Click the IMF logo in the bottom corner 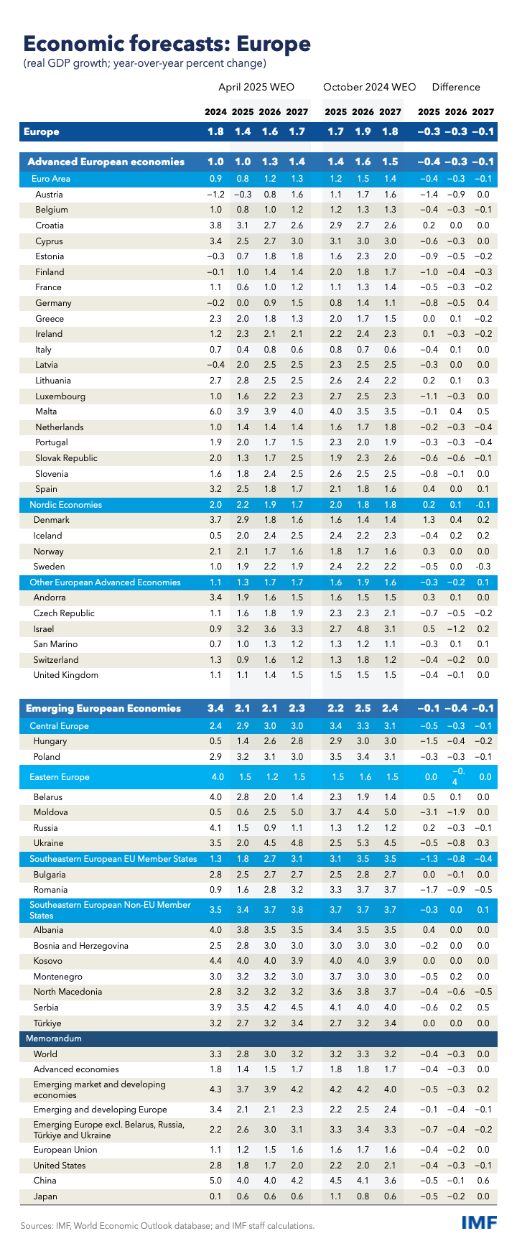tap(478, 1223)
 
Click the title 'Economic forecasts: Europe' tap(167, 44)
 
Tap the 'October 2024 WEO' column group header tap(370, 87)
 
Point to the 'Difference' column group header tap(456, 87)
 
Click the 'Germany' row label tap(53, 303)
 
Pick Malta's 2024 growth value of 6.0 tap(216, 412)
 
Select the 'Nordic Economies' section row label tap(65, 505)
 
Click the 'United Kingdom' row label tap(66, 675)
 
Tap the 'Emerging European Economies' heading tap(103, 709)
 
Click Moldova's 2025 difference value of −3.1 tap(429, 812)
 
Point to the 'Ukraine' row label tap(48, 843)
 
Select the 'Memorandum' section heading tap(55, 1038)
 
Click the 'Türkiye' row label tap(47, 1023)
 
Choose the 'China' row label tap(45, 1181)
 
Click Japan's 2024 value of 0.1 tap(216, 1196)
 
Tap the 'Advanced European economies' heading tap(106, 162)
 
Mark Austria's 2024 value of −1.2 tap(214, 195)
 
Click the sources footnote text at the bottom tap(167, 1226)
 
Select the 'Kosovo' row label tap(48, 961)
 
